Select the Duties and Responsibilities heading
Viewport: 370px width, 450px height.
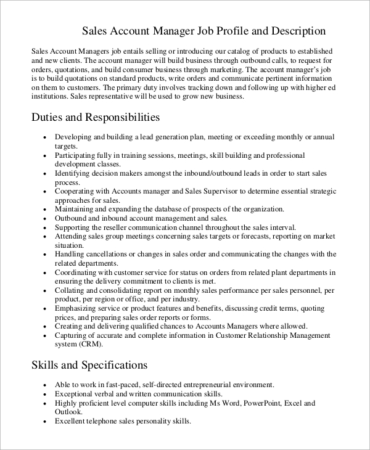(x=96, y=117)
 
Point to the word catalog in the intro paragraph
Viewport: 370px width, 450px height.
(x=215, y=51)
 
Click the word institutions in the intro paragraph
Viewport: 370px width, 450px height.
(x=50, y=97)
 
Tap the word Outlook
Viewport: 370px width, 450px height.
(x=68, y=412)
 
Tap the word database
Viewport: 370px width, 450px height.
(x=162, y=209)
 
